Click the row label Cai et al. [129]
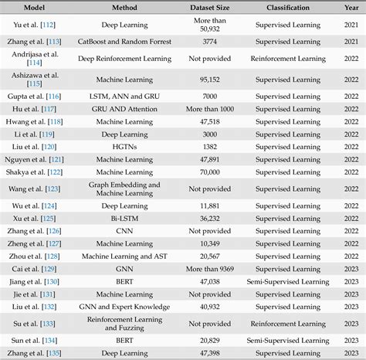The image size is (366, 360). [34, 269]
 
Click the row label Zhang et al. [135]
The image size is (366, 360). [34, 354]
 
